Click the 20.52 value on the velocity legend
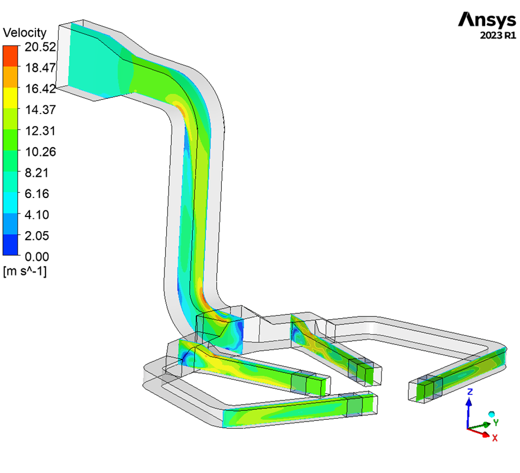pos(40,47)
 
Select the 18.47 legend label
pos(40,67)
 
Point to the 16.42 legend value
pos(40,89)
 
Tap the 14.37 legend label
pos(40,110)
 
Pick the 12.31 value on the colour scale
pos(40,131)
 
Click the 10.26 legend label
pos(40,151)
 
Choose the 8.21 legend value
pos(37,173)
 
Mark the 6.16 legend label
pos(37,193)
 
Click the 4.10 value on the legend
pos(37,215)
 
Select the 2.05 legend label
pos(37,236)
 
